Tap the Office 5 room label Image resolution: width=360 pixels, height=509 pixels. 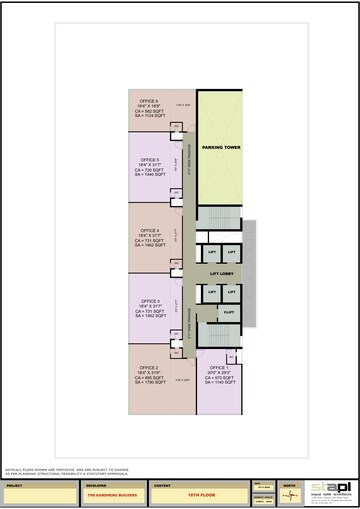coord(150,160)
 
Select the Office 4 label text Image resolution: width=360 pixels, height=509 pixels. coord(150,229)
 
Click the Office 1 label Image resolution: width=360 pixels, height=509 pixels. coord(219,367)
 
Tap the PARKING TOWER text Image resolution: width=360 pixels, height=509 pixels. coord(219,148)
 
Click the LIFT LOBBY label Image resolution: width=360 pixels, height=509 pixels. coord(220,271)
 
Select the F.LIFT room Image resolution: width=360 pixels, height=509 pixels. coord(229,311)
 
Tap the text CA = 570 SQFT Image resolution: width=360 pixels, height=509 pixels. coord(219,377)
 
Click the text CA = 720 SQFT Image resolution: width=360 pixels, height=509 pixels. coord(150,170)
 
